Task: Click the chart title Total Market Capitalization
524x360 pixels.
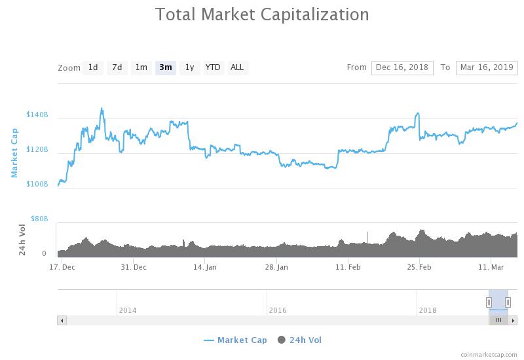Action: (x=262, y=14)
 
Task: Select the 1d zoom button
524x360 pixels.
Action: (x=93, y=67)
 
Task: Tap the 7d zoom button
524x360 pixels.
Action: (x=117, y=67)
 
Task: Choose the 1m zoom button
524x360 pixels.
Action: (x=141, y=67)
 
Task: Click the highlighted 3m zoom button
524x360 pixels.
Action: (x=165, y=67)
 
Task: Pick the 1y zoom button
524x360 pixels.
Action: (x=189, y=67)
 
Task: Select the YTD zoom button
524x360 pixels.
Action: (x=213, y=67)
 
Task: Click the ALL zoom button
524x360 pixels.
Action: (x=237, y=67)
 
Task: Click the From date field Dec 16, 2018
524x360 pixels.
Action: (x=402, y=67)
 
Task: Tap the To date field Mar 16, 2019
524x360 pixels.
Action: (x=487, y=67)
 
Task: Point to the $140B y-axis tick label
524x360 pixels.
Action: (x=37, y=115)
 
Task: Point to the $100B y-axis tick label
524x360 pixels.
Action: (x=37, y=185)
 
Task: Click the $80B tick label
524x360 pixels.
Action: (x=39, y=219)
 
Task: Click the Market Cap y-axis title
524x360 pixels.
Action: (x=14, y=153)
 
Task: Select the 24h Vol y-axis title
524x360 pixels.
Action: (x=22, y=239)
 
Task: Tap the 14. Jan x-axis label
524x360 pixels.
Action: (x=206, y=267)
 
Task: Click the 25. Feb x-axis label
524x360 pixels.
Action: (x=419, y=267)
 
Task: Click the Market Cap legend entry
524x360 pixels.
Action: (x=235, y=340)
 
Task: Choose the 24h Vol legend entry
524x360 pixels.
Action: (x=300, y=340)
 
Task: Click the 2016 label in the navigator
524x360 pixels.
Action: (x=277, y=310)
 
